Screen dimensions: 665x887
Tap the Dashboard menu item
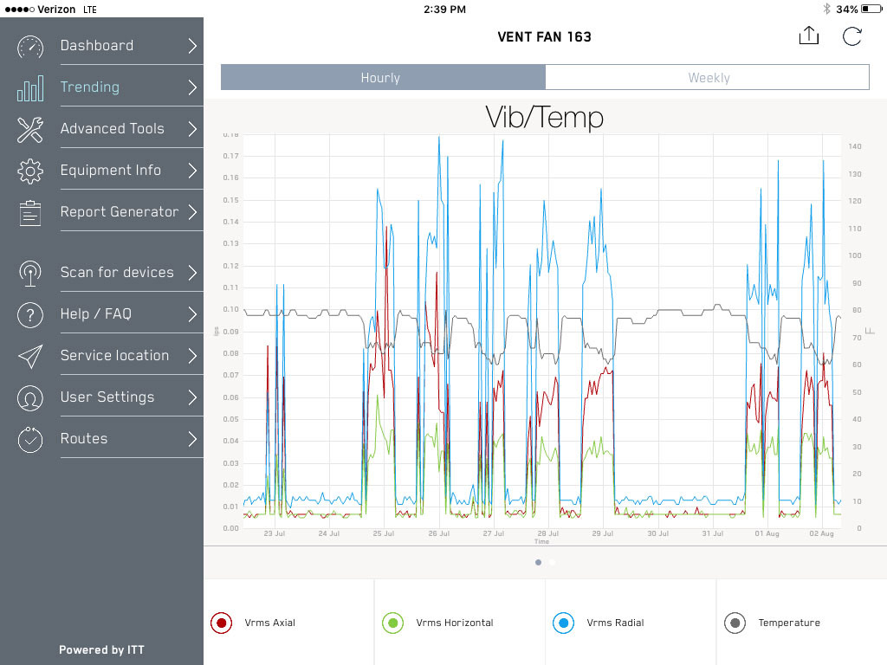(x=97, y=46)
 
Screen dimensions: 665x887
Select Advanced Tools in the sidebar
(x=112, y=129)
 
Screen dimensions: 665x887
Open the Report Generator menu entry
(x=119, y=212)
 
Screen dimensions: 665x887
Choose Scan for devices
(x=117, y=273)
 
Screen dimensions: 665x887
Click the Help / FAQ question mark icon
(x=30, y=314)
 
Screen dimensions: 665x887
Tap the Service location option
(x=114, y=356)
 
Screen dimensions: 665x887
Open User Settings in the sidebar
(x=107, y=397)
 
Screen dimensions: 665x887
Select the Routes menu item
(x=84, y=439)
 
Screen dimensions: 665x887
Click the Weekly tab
(x=708, y=78)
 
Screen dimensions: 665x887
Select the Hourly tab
(x=381, y=78)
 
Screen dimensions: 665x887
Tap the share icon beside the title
(x=808, y=36)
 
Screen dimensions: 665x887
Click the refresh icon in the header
(x=852, y=36)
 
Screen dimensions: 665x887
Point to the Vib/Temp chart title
(x=544, y=116)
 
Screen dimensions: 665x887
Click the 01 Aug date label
(x=767, y=534)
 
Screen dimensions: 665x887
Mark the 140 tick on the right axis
(x=855, y=147)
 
